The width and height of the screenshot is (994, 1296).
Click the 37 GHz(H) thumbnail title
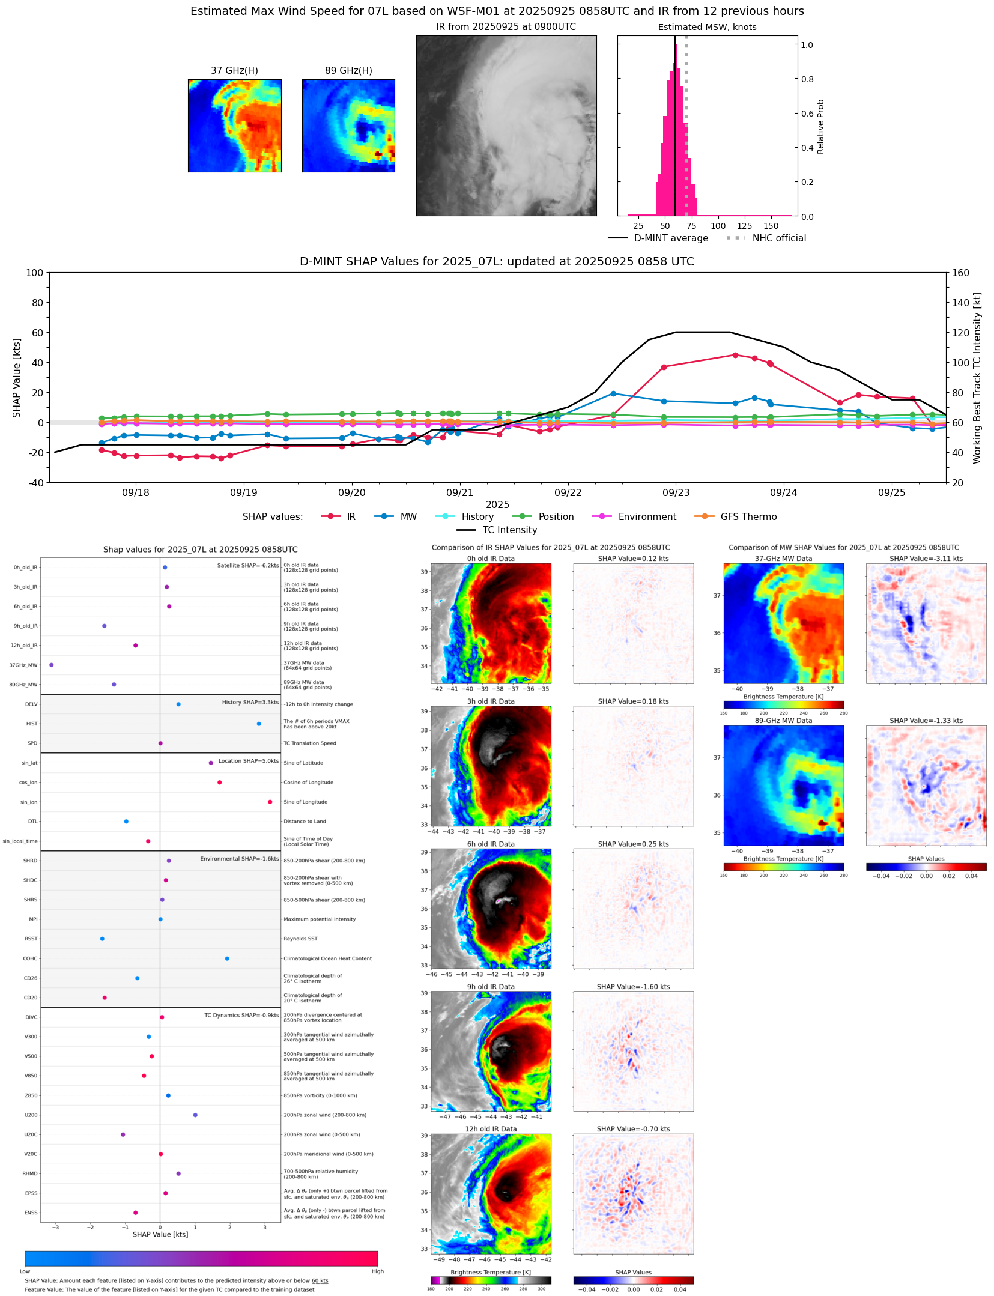pyautogui.click(x=234, y=71)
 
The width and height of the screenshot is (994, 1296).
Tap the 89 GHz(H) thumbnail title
pyautogui.click(x=348, y=71)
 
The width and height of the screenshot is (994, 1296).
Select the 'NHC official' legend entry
pyautogui.click(x=778, y=238)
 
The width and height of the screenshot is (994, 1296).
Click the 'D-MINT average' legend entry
pyautogui.click(x=670, y=238)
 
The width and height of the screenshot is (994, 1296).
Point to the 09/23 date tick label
pyautogui.click(x=676, y=493)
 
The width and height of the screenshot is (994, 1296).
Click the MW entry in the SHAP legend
pyautogui.click(x=408, y=517)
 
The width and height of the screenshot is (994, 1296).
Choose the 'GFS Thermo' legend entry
pyautogui.click(x=748, y=517)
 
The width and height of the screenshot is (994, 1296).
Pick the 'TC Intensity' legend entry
pyautogui.click(x=509, y=530)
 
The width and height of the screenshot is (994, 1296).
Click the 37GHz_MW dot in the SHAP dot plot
pyautogui.click(x=52, y=665)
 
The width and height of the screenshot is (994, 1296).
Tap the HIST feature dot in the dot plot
pyautogui.click(x=259, y=724)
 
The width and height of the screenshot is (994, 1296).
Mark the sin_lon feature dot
pyautogui.click(x=270, y=802)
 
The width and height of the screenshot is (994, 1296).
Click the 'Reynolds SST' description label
pyautogui.click(x=300, y=939)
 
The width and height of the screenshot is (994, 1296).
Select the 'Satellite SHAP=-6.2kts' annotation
pyautogui.click(x=247, y=565)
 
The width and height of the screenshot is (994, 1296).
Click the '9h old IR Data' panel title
pyautogui.click(x=491, y=987)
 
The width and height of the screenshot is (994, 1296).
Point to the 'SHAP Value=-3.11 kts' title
pyautogui.click(x=926, y=559)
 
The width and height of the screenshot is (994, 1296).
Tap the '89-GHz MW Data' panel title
pyautogui.click(x=783, y=721)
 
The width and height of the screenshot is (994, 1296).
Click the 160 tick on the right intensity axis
pyautogui.click(x=960, y=273)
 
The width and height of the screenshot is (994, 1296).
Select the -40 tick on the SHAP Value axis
pyautogui.click(x=35, y=483)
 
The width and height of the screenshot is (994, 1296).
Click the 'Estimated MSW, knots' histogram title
pyautogui.click(x=707, y=27)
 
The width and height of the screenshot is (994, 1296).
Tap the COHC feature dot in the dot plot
pyautogui.click(x=227, y=958)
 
